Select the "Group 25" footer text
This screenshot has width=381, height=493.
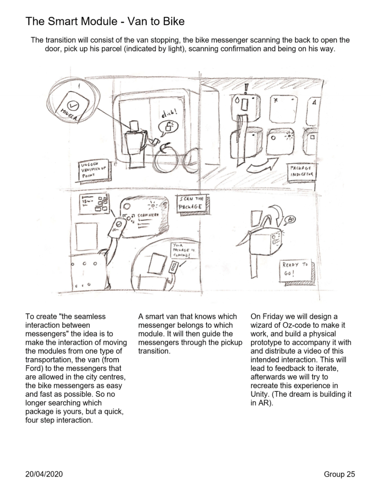pos(339,475)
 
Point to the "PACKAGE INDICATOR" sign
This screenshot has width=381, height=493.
pos(302,172)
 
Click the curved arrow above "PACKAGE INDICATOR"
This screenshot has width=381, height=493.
pos(262,166)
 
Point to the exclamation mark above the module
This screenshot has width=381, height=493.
pos(246,88)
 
